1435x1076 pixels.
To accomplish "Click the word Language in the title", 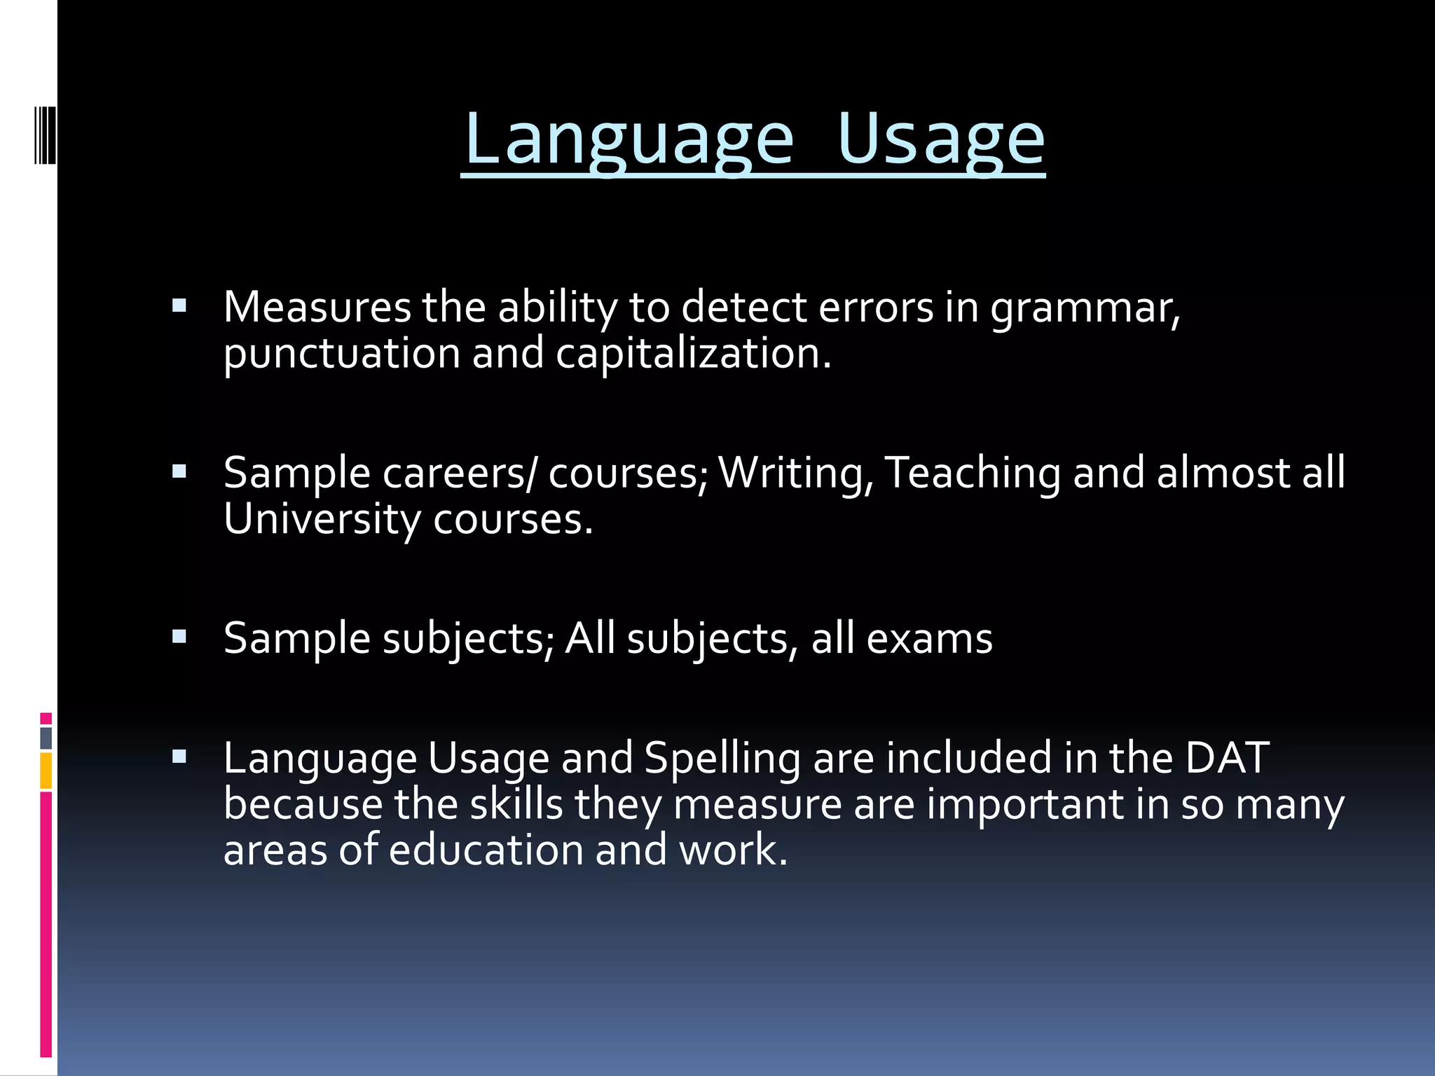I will point(629,139).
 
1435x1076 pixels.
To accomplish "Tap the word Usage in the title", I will point(940,139).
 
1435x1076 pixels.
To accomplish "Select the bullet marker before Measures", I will point(179,306).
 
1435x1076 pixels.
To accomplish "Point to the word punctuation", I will point(341,354).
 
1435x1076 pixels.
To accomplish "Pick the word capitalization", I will point(693,354).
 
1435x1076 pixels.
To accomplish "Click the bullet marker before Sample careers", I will point(179,471).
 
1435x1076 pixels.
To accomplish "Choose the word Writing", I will point(796,474).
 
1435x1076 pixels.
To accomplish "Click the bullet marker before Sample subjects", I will point(179,637).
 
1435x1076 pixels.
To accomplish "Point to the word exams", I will point(929,639).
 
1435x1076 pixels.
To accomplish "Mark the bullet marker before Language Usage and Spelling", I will point(179,757).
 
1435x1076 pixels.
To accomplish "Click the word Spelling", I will point(722,759).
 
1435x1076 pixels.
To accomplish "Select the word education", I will point(486,850).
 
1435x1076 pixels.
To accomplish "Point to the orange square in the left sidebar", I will point(46,771).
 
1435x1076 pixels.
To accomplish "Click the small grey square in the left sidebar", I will point(46,738).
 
